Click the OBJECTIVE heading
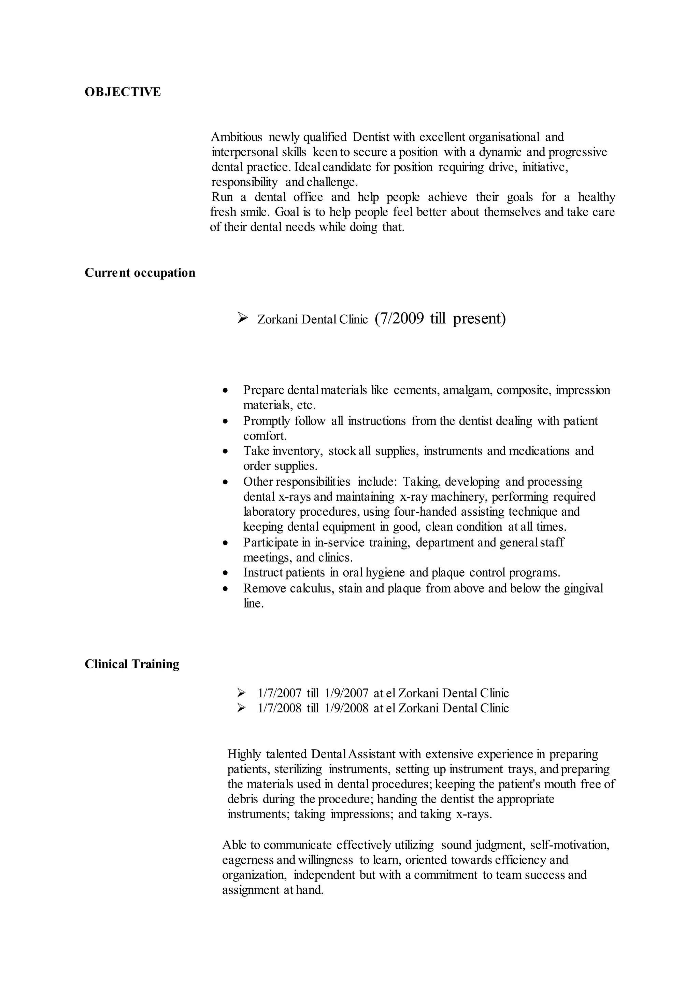[x=123, y=92]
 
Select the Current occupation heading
[x=140, y=273]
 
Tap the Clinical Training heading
[x=132, y=664]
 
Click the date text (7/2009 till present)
[x=440, y=319]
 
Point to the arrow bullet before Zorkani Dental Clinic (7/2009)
[x=243, y=318]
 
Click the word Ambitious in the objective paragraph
[x=236, y=137]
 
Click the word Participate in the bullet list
[x=271, y=542]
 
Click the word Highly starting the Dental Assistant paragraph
[x=244, y=754]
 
